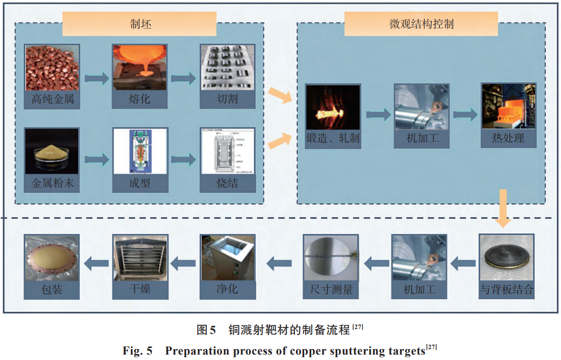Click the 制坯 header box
click(140, 24)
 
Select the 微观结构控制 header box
click(421, 24)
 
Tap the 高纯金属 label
click(52, 100)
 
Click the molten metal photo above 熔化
click(140, 67)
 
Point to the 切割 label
click(226, 100)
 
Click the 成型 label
click(140, 184)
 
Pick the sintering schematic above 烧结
click(226, 151)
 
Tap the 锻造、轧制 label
click(333, 138)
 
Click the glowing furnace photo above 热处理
click(509, 106)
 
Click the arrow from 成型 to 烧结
click(183, 160)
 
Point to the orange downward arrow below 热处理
click(503, 209)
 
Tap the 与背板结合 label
click(507, 290)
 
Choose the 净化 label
click(227, 290)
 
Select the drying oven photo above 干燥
click(140, 257)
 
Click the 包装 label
click(52, 290)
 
